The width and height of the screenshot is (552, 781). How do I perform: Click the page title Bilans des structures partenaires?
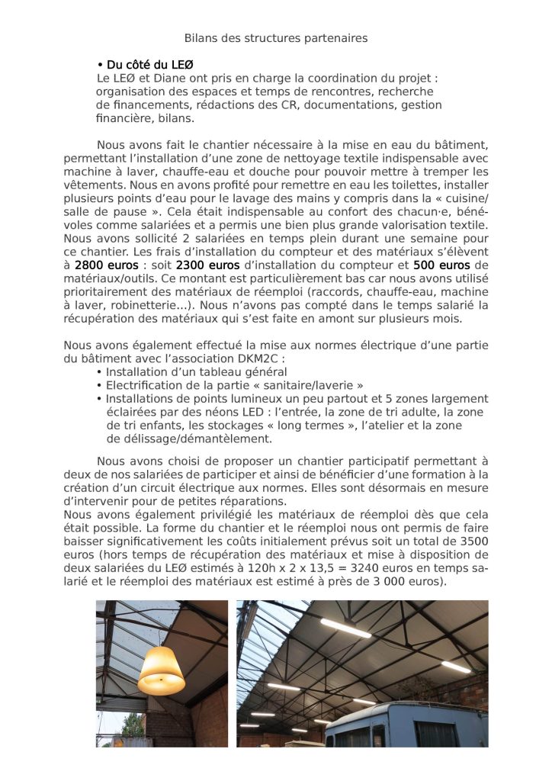(276, 37)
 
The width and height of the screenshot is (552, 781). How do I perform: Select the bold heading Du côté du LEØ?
(144, 65)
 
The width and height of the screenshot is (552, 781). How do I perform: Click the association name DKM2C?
(265, 358)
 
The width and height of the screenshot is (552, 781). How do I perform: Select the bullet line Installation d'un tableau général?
(196, 372)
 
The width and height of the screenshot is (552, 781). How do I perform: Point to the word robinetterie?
(137, 304)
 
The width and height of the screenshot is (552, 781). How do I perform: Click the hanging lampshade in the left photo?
(160, 668)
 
